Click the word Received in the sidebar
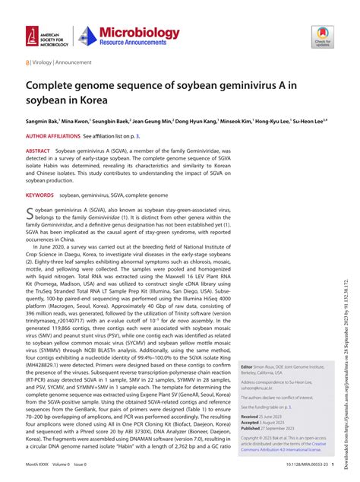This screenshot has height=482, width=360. point(251,417)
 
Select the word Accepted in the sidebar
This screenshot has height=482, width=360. point(251,423)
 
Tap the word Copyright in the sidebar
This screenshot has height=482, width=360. point(253,439)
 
